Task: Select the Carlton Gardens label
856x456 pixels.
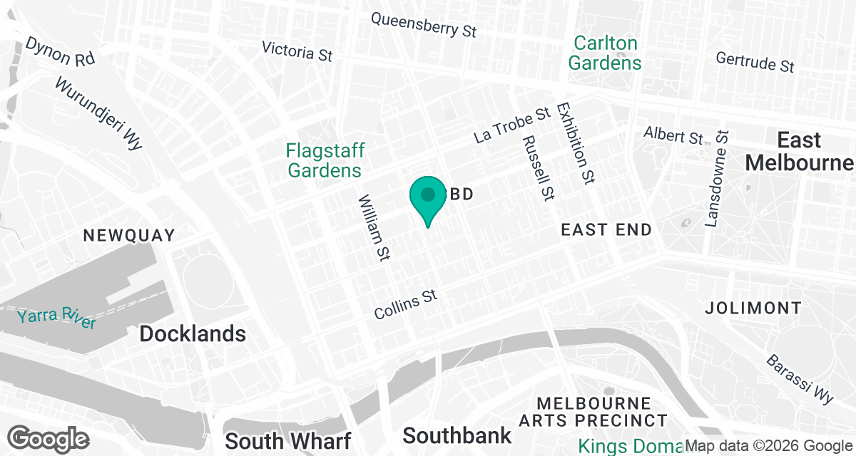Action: [x=604, y=53]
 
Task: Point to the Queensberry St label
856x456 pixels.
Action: [x=424, y=25]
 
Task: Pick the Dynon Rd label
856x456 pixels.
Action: [x=60, y=52]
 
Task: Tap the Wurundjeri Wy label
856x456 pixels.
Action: [x=99, y=114]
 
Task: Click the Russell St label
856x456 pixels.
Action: [x=539, y=167]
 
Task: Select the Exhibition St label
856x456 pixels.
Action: [x=576, y=143]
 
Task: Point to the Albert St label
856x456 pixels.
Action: [x=673, y=135]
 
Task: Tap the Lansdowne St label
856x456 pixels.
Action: [x=717, y=179]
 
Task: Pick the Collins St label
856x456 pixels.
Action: [x=406, y=304]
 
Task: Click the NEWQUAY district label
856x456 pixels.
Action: [x=129, y=236]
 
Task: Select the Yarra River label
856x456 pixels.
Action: [x=57, y=318]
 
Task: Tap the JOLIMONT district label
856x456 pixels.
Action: [x=753, y=309]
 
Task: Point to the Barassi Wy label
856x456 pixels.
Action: [x=800, y=378]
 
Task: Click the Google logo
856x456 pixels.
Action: [x=49, y=437]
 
